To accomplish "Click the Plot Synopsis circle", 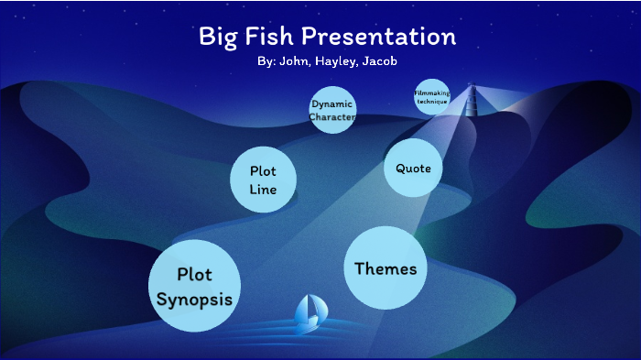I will [x=194, y=285].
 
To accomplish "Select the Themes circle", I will [x=385, y=268].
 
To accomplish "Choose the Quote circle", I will [x=413, y=168].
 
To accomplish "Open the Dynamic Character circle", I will [x=331, y=110].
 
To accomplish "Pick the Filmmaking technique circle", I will [x=431, y=97].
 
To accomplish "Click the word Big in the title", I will [x=220, y=38].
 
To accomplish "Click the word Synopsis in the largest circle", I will [x=194, y=299].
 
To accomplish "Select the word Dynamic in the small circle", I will [x=331, y=104].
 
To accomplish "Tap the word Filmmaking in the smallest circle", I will [x=431, y=93].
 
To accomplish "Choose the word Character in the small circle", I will [x=331, y=117].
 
